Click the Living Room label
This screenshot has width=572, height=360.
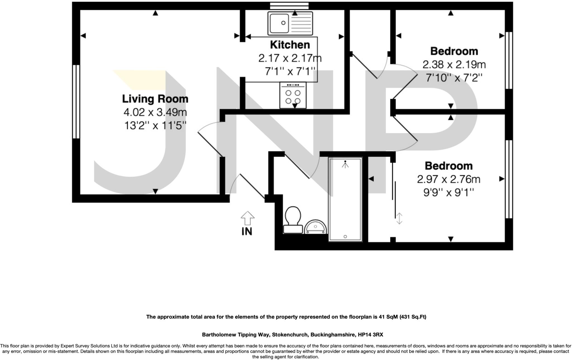coord(155,99)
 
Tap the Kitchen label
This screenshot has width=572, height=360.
coord(290,45)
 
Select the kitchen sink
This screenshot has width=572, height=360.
coord(290,23)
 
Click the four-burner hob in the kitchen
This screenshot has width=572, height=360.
coord(293,95)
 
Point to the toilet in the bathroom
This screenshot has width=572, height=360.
coord(293,220)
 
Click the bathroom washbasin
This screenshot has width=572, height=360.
coord(315,226)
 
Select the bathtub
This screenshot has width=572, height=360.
coord(345,199)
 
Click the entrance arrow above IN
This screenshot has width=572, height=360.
coord(247,218)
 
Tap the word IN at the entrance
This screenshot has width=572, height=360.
coord(247,231)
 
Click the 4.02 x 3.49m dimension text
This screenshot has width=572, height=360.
coord(155,112)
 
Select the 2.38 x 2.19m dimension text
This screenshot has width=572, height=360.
coord(454,65)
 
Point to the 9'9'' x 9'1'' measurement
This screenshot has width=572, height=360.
coord(449,193)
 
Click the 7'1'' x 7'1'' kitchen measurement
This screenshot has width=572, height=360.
coord(290,71)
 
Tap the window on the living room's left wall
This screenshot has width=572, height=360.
coord(76,102)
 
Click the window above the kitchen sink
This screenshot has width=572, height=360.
coord(289,6)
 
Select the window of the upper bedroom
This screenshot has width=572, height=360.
coord(509,60)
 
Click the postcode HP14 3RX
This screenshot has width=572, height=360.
coord(370,334)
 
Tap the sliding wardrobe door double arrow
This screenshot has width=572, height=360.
coord(399,219)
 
